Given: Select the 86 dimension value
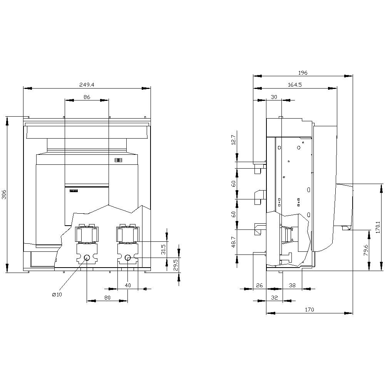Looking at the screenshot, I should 87,97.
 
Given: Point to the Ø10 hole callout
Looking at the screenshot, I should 57,295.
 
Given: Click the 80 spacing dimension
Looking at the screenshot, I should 107,298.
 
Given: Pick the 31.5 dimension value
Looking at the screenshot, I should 163,249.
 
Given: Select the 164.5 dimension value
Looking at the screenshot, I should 295,85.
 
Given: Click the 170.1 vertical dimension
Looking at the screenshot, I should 378,227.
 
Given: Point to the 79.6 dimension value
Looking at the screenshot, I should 366,250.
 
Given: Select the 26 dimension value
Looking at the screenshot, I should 259,285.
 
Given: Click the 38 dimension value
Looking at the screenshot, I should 293,285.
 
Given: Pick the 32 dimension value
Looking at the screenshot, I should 275,298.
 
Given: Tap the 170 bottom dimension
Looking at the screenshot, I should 310,310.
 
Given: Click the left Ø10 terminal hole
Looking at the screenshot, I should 87,257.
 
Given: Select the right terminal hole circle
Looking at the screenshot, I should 128,257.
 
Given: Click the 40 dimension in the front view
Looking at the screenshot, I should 128,285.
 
